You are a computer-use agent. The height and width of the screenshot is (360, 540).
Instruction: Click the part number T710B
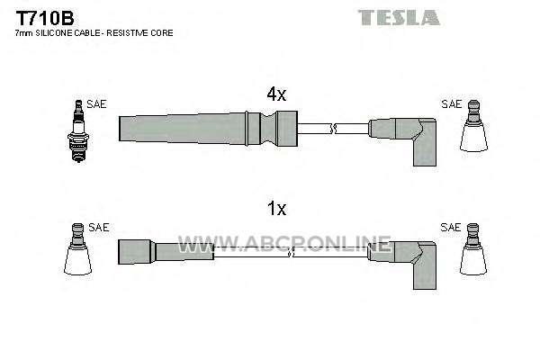coord(45,18)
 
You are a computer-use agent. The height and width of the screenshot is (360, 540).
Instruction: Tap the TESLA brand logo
coord(399,18)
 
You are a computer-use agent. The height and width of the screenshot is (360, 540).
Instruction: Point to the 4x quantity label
coord(276,94)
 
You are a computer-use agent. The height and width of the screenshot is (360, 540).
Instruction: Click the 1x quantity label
coord(277,209)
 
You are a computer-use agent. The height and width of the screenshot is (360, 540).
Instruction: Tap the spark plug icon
coord(78,130)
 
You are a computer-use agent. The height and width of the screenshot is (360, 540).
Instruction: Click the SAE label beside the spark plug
coord(96,104)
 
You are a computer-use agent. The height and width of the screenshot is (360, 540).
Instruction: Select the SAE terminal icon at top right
coord(474,126)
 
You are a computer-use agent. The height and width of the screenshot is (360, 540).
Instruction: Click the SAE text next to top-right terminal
coord(452,104)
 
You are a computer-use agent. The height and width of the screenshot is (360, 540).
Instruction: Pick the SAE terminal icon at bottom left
coord(77,248)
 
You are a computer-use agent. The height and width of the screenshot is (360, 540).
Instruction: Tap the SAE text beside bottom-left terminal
coord(99,228)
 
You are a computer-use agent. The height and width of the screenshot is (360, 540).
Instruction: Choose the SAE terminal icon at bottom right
coord(473,248)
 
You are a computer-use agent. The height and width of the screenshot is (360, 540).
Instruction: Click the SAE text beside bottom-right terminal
coord(451,228)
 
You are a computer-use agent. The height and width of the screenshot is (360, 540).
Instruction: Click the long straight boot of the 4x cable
coord(208,129)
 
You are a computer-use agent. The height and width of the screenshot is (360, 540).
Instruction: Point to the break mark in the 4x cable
coord(333,129)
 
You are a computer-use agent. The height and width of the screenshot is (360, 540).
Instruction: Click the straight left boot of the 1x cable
coord(166,252)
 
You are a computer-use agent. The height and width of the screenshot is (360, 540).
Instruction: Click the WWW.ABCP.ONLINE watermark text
coord(284,244)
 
